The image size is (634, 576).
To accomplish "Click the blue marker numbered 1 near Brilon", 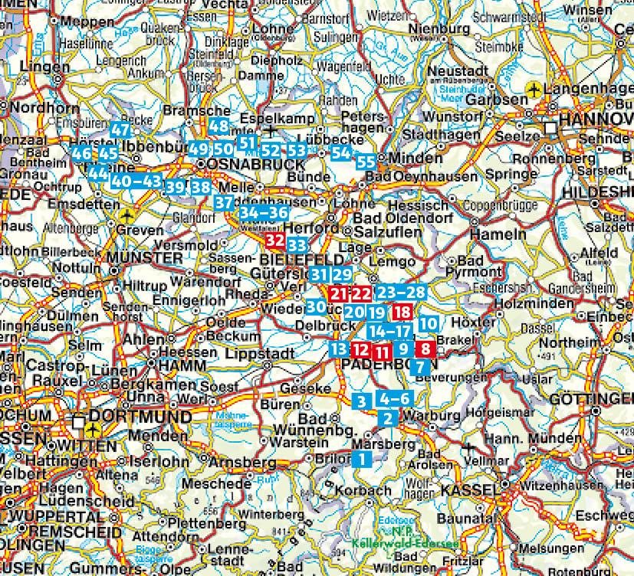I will point(362,460).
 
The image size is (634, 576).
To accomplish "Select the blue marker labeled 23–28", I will point(402,293).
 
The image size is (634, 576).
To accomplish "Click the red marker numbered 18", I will point(402,312).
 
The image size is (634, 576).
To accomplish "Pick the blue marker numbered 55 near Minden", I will point(366,162).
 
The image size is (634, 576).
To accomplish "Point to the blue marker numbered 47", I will point(120,129).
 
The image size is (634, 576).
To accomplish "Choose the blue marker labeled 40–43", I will point(136,182).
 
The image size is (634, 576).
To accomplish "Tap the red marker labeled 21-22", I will point(350,293).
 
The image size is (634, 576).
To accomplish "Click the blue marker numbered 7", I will point(419,367).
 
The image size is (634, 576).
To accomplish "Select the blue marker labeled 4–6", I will point(396,399).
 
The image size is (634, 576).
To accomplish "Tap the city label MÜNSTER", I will point(146,257).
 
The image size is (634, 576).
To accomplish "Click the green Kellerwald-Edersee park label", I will point(406,542).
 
